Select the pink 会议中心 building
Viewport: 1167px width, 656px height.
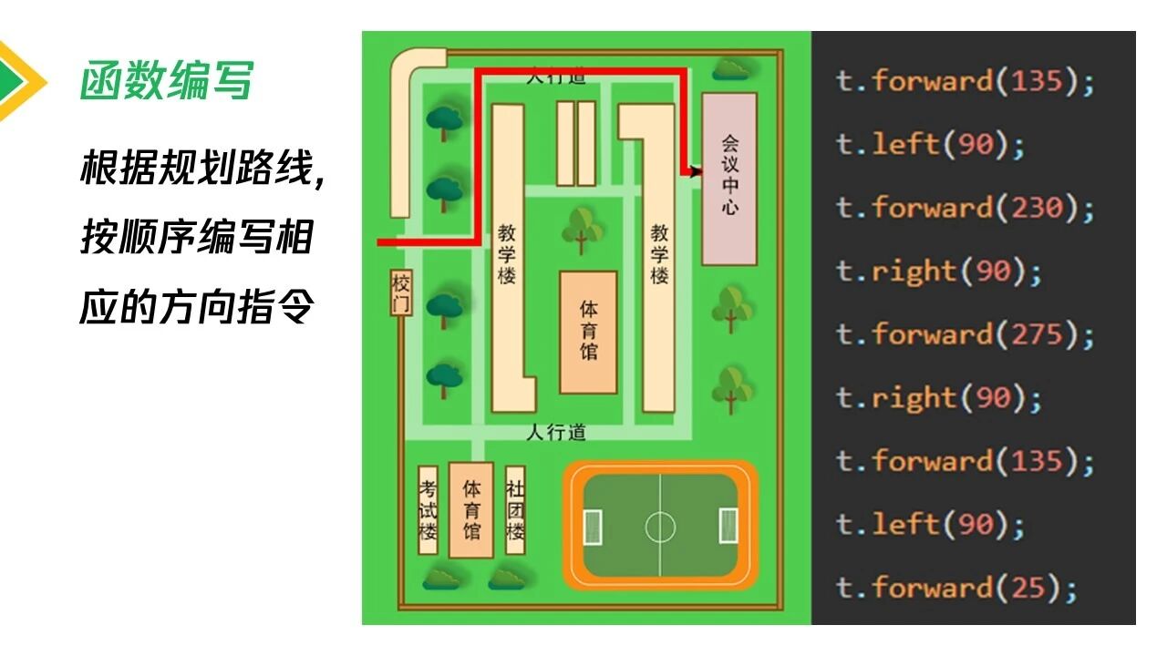(729, 179)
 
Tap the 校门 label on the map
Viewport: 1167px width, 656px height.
(401, 292)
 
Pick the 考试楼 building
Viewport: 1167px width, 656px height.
(428, 510)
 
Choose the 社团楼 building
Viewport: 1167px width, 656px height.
(515, 510)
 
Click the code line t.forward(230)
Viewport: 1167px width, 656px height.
(965, 208)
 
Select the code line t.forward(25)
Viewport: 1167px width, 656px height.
(955, 588)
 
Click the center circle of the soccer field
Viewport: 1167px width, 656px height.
(661, 526)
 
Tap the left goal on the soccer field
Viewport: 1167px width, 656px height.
(593, 525)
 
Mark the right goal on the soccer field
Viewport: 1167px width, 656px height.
(728, 525)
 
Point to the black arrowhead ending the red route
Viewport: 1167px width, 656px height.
(697, 170)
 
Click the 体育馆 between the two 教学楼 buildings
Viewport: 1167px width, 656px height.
(588, 332)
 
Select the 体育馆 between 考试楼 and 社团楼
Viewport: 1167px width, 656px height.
(471, 510)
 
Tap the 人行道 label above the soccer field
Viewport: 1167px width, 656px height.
(556, 432)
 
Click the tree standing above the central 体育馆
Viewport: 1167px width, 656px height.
(582, 228)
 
